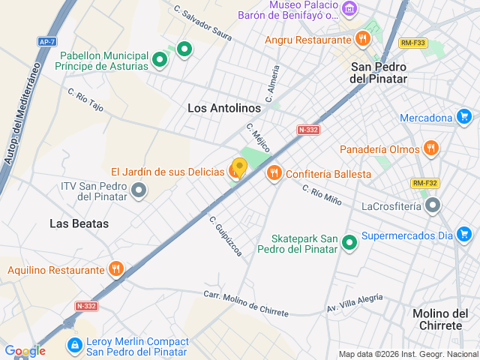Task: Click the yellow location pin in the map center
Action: coord(239,167)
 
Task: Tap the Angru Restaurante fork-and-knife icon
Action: coord(363,38)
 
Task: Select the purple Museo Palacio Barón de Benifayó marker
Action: coord(349,9)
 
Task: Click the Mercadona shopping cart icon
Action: coord(464,117)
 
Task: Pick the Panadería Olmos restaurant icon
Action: coord(430,148)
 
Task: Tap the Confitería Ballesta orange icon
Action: coord(274,173)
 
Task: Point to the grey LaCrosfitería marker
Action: coord(432,205)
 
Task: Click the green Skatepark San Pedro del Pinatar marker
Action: coord(349,242)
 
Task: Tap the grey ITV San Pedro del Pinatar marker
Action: coord(138,191)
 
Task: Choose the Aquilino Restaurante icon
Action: coord(116,269)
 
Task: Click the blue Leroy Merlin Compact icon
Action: coord(74,346)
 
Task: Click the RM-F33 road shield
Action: coord(412,43)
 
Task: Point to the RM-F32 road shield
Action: coord(424,183)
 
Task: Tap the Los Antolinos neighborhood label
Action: coord(223,108)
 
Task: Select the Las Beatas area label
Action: coord(79,223)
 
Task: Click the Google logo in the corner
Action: coord(24,350)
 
